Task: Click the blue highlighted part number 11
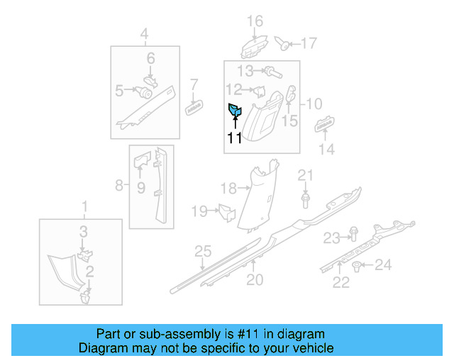pyautogui.click(x=235, y=110)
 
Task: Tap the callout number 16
pyautogui.click(x=255, y=21)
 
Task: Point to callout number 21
pyautogui.click(x=305, y=175)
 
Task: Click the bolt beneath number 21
pyautogui.click(x=305, y=201)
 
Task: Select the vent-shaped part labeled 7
pyautogui.click(x=194, y=108)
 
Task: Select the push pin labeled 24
pyautogui.click(x=357, y=267)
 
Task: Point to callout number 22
pyautogui.click(x=341, y=283)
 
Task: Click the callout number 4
pyautogui.click(x=144, y=33)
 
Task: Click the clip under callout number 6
pyautogui.click(x=150, y=80)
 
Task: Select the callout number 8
pyautogui.click(x=119, y=186)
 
